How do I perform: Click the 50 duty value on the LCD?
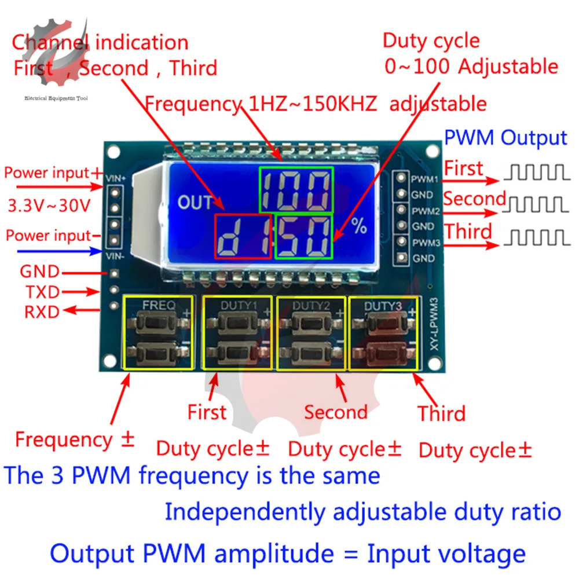click(304, 236)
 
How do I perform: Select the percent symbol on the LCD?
click(359, 226)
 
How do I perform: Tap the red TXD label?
click(41, 292)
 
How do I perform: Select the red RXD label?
click(42, 312)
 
